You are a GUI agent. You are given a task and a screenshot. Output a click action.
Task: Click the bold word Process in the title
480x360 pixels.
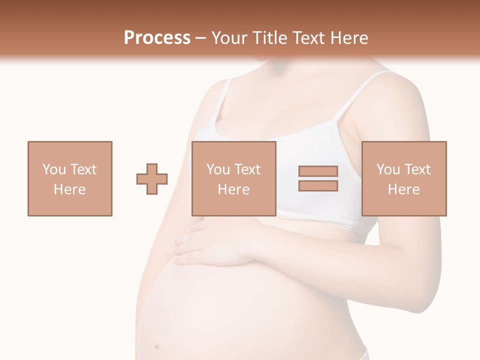[157, 38]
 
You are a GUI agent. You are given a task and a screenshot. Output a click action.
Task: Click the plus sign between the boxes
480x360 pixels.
[152, 179]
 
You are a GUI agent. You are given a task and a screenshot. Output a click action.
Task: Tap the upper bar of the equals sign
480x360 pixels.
[318, 171]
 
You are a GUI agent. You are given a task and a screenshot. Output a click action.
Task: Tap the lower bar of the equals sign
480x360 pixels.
[318, 186]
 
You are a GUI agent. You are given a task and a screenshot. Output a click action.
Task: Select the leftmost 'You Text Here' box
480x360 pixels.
[70, 178]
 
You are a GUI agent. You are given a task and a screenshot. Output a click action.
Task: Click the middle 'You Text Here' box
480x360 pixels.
[234, 178]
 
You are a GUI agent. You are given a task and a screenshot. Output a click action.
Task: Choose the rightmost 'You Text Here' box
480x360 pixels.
[404, 178]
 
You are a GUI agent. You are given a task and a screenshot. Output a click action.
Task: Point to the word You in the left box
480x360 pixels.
[53, 169]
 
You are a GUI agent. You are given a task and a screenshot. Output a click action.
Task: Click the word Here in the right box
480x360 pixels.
[404, 189]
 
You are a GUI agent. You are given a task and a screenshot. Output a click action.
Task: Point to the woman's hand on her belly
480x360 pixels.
[210, 245]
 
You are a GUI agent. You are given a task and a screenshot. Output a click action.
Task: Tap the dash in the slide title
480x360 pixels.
[200, 38]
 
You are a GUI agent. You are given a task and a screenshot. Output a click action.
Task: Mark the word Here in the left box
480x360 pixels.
[70, 189]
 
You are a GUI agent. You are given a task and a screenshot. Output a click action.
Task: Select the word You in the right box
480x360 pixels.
[388, 169]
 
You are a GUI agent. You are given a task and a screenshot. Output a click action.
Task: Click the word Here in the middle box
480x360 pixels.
[234, 189]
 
